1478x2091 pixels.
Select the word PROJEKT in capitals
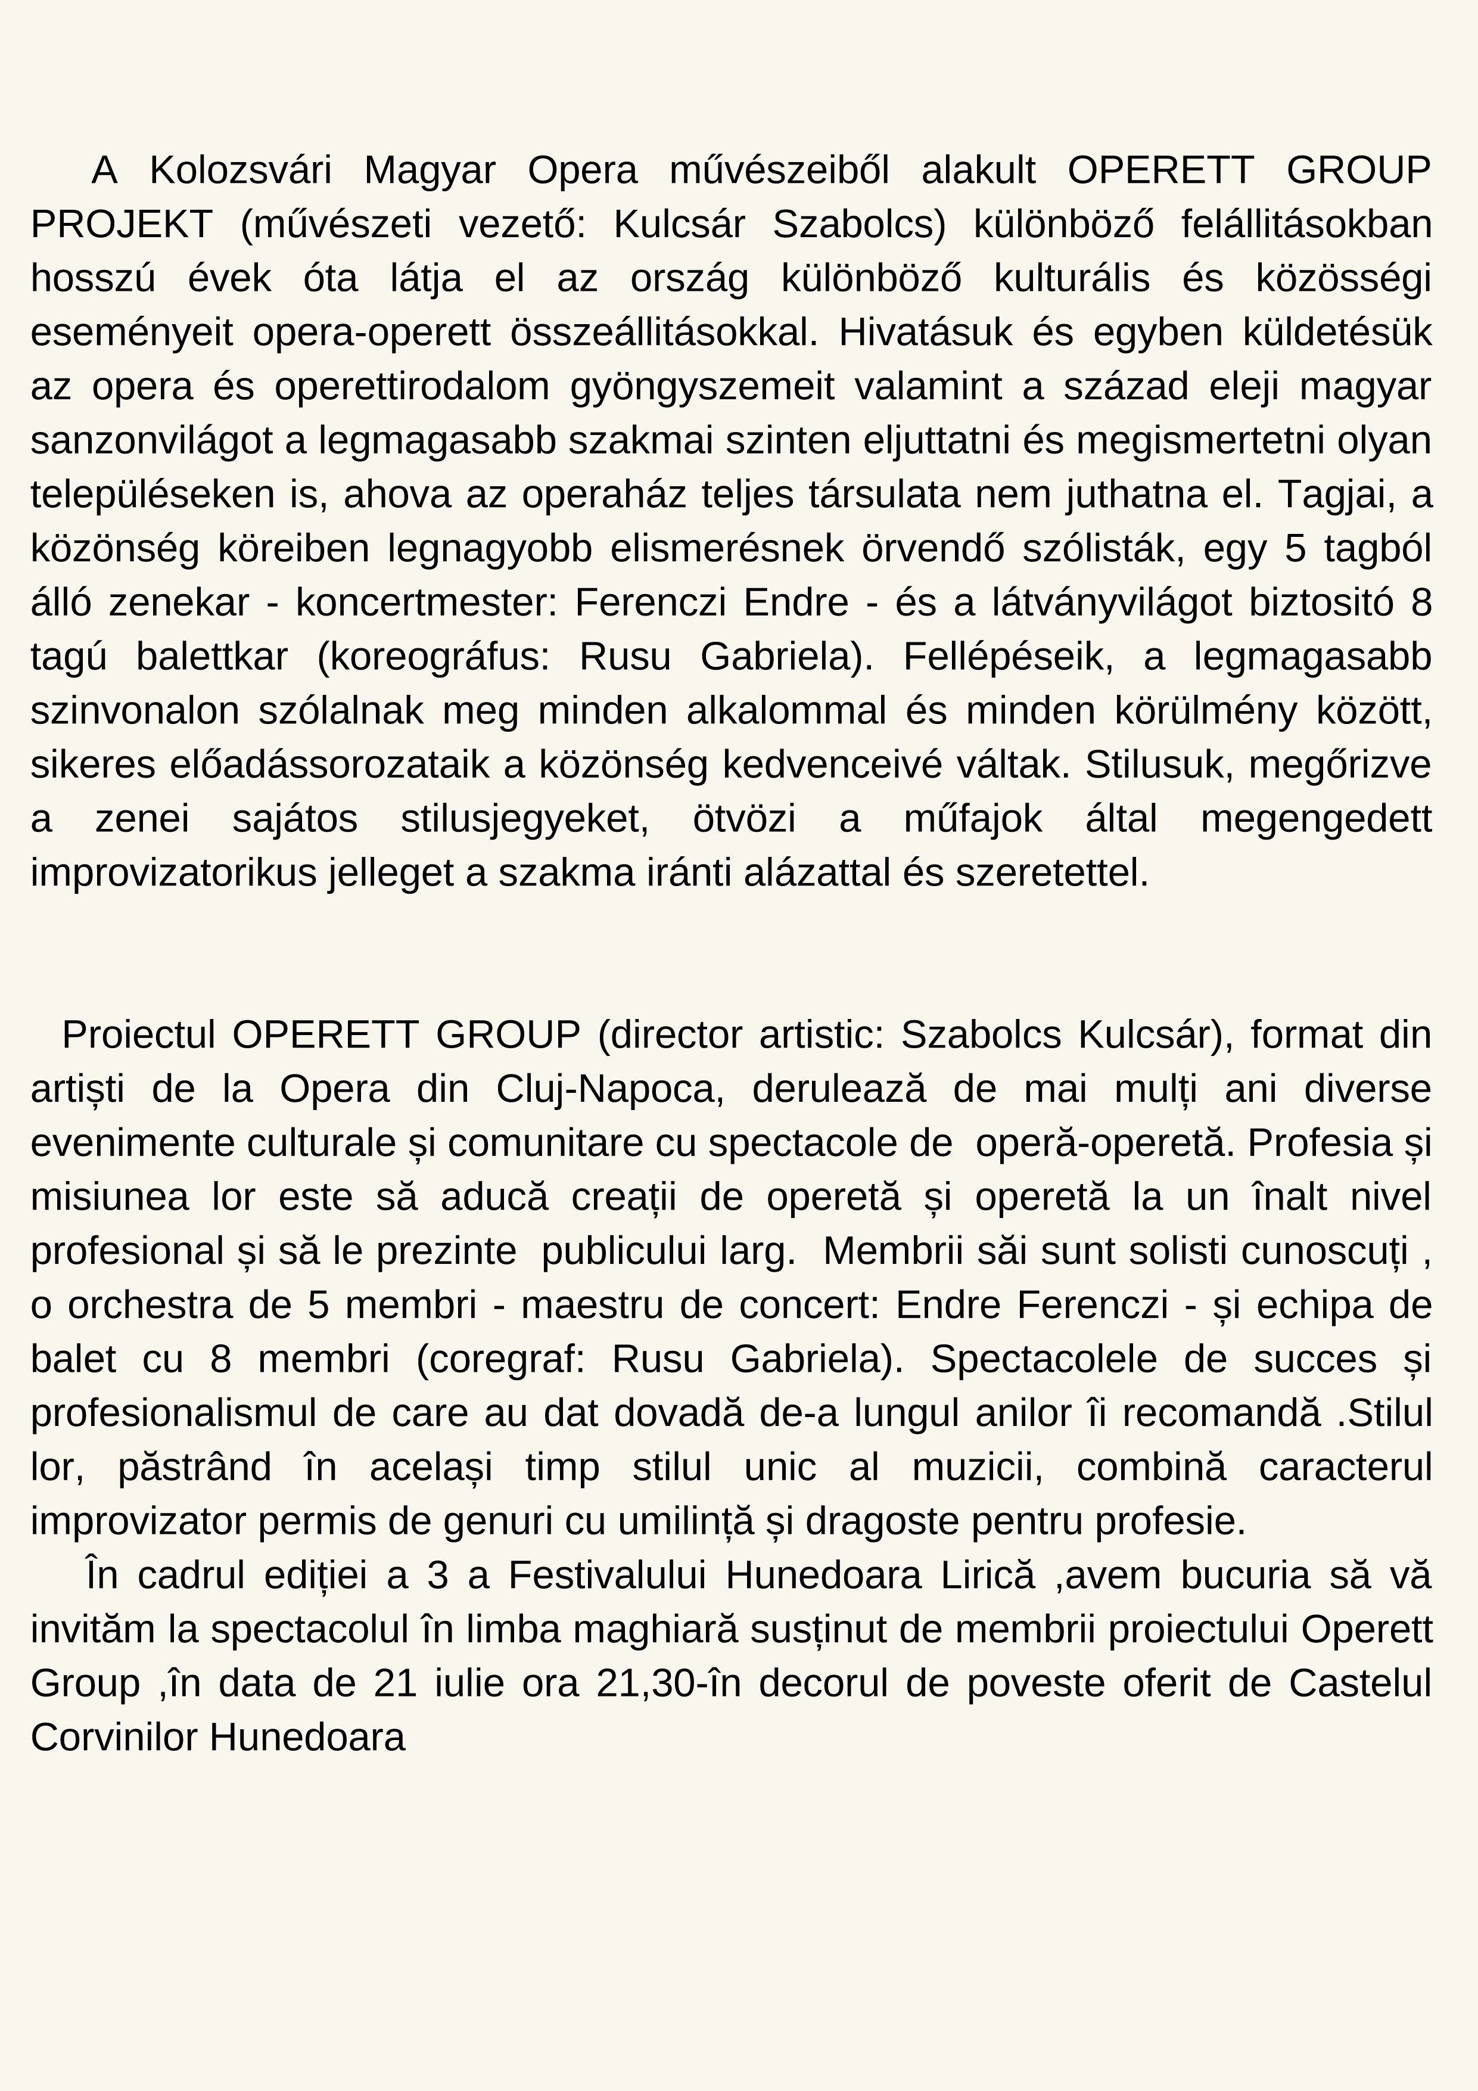tap(121, 224)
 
